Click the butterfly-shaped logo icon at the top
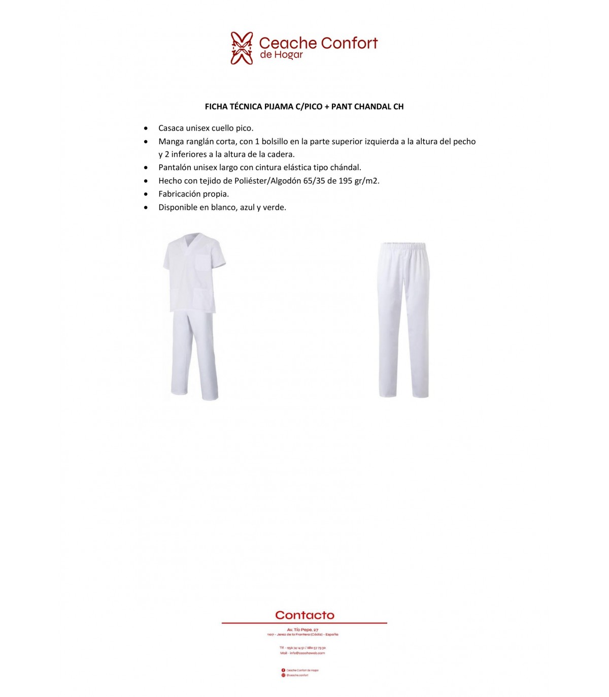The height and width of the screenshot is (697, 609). click(x=242, y=48)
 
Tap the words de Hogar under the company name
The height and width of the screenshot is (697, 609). click(x=281, y=55)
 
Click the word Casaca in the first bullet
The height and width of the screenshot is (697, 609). click(x=171, y=128)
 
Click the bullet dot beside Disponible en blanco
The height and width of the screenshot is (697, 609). click(x=146, y=208)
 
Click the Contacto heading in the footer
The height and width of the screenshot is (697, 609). click(x=304, y=615)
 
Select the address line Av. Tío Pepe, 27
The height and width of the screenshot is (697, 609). click(x=302, y=630)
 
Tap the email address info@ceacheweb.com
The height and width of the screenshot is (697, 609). click(x=307, y=653)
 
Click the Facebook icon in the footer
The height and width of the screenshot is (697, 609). click(x=283, y=670)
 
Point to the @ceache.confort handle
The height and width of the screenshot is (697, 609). click(x=297, y=675)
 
